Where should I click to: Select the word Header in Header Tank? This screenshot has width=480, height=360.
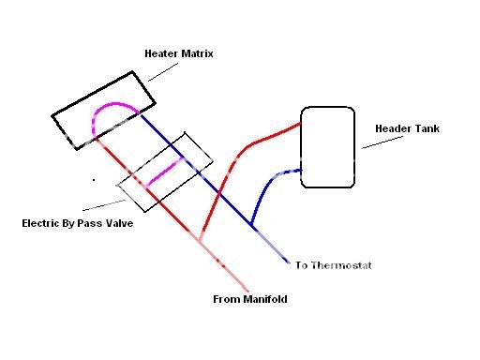(x=392, y=128)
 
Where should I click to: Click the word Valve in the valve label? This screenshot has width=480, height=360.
(x=116, y=224)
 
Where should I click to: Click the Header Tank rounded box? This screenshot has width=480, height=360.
(x=328, y=147)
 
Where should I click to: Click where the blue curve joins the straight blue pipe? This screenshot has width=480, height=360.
(x=252, y=226)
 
